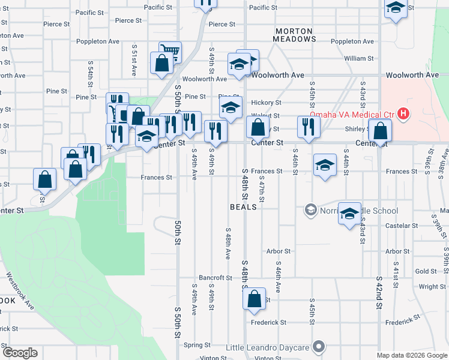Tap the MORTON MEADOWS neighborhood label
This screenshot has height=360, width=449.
coord(295,34)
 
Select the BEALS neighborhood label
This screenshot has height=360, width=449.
coord(243,206)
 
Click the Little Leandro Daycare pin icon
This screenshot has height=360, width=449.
coord(319,347)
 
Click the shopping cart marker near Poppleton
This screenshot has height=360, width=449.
coord(170,52)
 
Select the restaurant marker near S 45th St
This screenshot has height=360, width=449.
coord(309,127)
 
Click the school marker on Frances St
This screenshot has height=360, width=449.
coord(325,165)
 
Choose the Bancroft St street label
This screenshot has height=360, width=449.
coord(215,278)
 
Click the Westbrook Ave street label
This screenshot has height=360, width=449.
coord(20,292)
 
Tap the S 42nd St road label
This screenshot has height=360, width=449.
coord(379,292)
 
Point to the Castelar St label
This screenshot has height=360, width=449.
coord(402,226)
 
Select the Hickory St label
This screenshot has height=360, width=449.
coord(266,103)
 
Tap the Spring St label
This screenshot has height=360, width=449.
coord(197,345)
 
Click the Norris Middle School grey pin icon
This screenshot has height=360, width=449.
coord(310,209)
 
